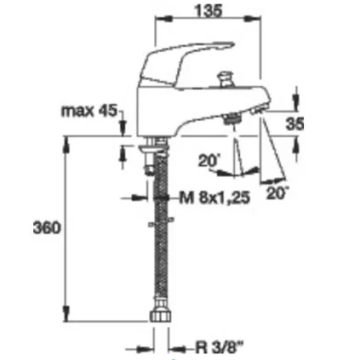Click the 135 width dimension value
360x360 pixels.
coord(208,10)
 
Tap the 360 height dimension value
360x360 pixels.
coord(47,227)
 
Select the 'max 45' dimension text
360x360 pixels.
coord(89,111)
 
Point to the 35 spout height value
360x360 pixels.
coord(294,123)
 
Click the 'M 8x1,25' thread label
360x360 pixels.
coord(214,197)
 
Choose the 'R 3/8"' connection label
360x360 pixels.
coord(220,346)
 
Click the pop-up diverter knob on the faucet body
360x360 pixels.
coord(224,79)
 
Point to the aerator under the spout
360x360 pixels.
coord(232,117)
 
